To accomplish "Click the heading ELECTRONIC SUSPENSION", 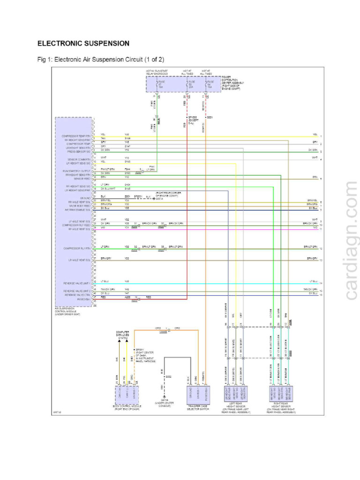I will tap(83, 44).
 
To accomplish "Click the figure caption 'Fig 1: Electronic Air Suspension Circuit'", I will tap(100, 60).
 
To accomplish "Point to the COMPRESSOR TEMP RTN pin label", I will tap(76, 136).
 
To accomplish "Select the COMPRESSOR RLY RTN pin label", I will tap(77, 248).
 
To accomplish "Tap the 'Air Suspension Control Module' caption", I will tap(68, 311).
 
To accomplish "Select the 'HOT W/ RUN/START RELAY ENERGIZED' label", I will tap(157, 73).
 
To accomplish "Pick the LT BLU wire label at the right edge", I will tap(314, 281).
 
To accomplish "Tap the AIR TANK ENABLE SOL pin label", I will tap(77, 210).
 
